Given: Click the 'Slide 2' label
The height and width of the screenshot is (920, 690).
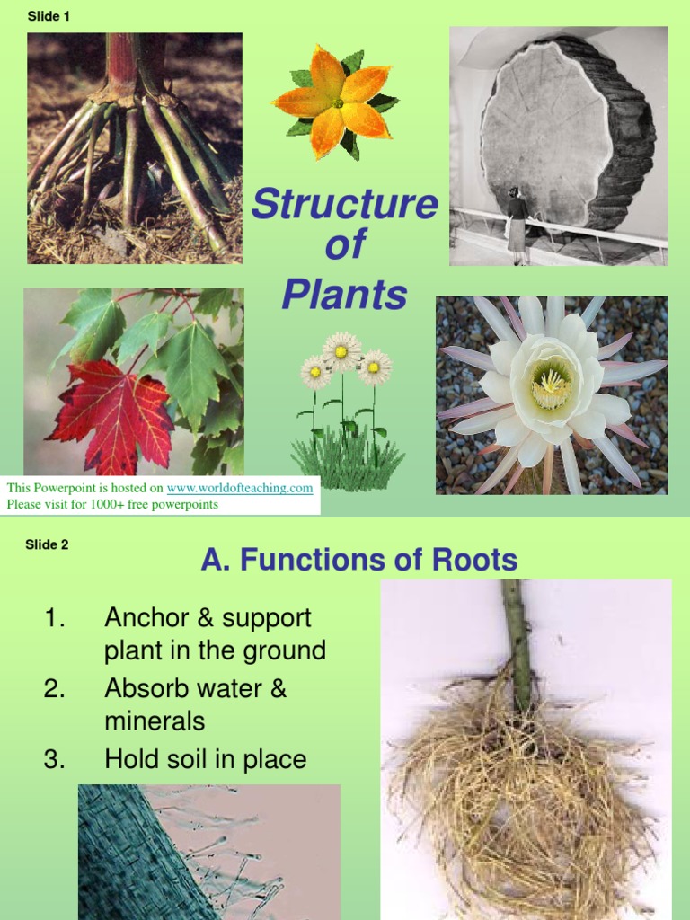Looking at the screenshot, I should (x=47, y=544).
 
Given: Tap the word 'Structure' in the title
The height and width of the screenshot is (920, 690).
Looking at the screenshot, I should (x=344, y=205).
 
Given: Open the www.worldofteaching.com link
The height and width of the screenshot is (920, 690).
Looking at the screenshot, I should (x=240, y=488).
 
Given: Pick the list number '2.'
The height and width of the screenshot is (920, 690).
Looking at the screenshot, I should (x=54, y=689).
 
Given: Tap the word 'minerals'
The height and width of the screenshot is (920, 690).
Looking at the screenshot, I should (x=155, y=721).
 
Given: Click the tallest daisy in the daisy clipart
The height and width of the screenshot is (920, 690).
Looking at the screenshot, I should (x=342, y=349).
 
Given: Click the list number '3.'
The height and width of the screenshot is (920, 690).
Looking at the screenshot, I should (x=54, y=760).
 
